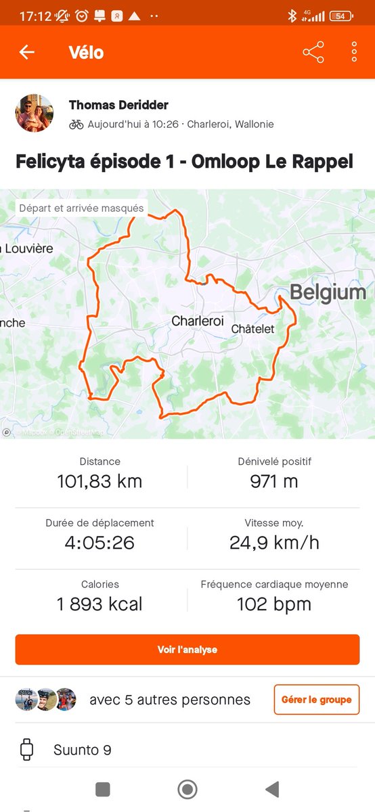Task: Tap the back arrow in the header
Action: coord(27,52)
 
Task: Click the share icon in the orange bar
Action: coord(313,52)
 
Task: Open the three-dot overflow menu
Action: coord(354,52)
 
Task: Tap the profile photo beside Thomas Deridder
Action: coord(35,113)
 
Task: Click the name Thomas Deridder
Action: coord(118,105)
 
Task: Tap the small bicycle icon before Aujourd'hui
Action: coord(76,125)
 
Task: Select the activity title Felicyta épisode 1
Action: coord(185,162)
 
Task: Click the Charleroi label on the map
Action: coord(197,321)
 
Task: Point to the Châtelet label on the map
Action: coord(252,328)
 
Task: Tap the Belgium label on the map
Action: coord(328,292)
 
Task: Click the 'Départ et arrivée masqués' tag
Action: coord(81,208)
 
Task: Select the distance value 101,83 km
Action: coord(100,482)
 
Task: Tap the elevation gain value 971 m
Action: coord(274,482)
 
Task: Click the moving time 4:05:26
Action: coord(100,543)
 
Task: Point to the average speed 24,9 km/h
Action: coord(274,543)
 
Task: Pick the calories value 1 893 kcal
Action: coord(100,604)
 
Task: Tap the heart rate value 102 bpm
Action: coord(274,604)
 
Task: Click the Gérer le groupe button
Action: coord(316,700)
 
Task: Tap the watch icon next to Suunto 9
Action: coord(27,750)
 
